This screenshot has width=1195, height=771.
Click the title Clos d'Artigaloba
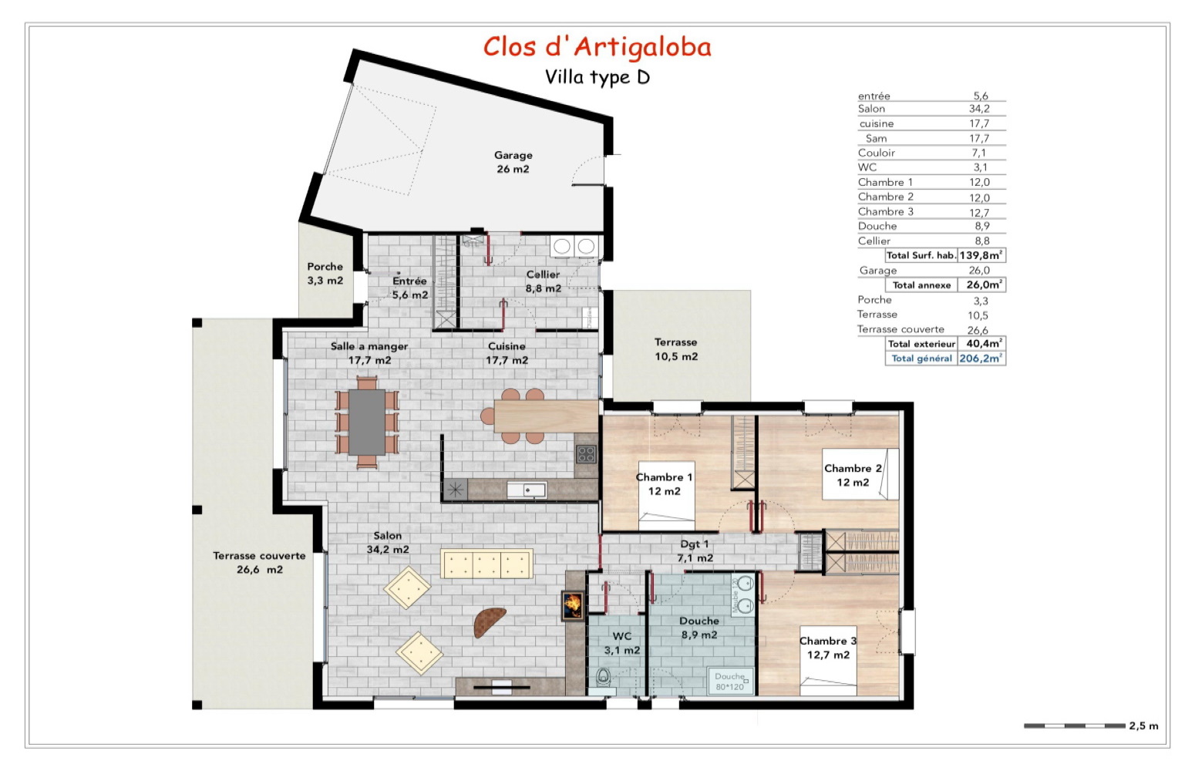597,47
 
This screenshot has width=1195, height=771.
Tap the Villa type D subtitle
597,78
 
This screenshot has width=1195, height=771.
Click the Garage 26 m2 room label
513,162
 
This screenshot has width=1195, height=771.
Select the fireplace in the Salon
572,605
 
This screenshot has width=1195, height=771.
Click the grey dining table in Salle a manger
367,422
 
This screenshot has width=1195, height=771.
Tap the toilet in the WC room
603,677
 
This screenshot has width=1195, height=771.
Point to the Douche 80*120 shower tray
729,681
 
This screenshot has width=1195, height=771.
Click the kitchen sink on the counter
527,490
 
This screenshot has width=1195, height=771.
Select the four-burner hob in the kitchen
586,453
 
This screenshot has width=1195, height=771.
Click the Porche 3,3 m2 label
325,274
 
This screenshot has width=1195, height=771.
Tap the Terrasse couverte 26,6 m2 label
259,563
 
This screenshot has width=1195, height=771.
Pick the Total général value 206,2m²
981,359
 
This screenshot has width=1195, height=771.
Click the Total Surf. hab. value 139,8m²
981,255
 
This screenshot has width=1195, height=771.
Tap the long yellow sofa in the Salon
486,564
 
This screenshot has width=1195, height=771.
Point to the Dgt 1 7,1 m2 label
695,551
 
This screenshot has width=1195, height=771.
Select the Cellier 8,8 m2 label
543,281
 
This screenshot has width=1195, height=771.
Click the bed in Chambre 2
860,474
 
